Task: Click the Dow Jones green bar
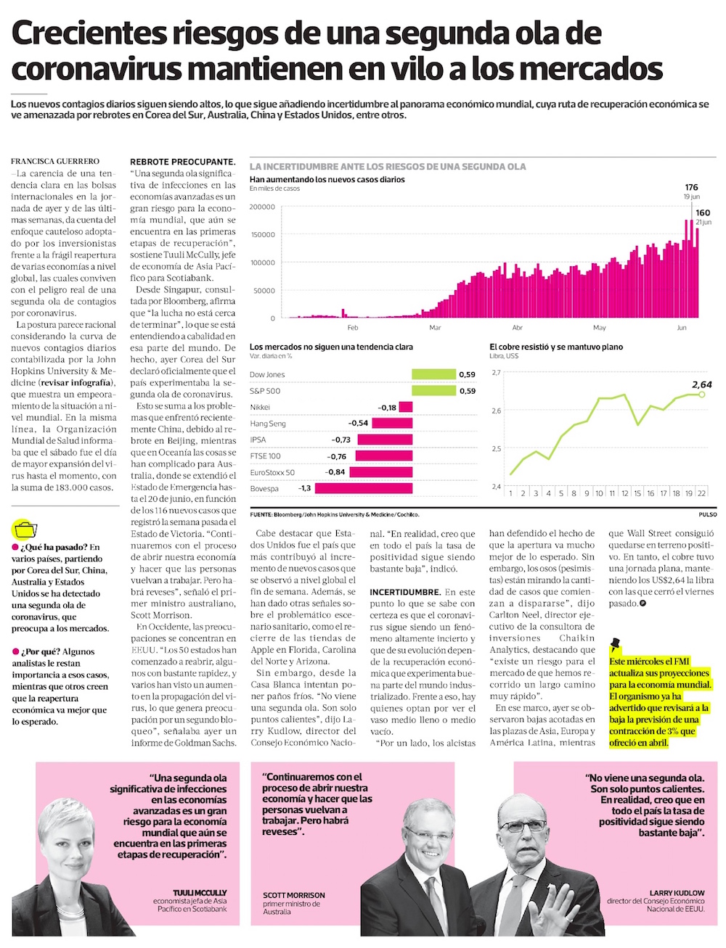pos(433,374)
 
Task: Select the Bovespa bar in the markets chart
pos(363,489)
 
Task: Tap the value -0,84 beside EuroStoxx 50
pos(335,472)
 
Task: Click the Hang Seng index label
pos(268,424)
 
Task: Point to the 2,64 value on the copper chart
pos(701,384)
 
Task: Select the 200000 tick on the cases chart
pos(262,207)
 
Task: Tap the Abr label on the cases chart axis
pos(517,328)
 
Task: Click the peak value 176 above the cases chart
pos(691,188)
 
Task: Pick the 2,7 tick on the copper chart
pos(496,372)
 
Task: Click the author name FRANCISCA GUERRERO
pos(55,161)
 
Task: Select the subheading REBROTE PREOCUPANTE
pos(182,162)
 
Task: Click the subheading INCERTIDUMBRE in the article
pos(405,592)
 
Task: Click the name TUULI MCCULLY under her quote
pos(200,893)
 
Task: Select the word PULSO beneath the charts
pos(707,514)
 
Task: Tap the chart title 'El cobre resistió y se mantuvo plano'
pos(556,347)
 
